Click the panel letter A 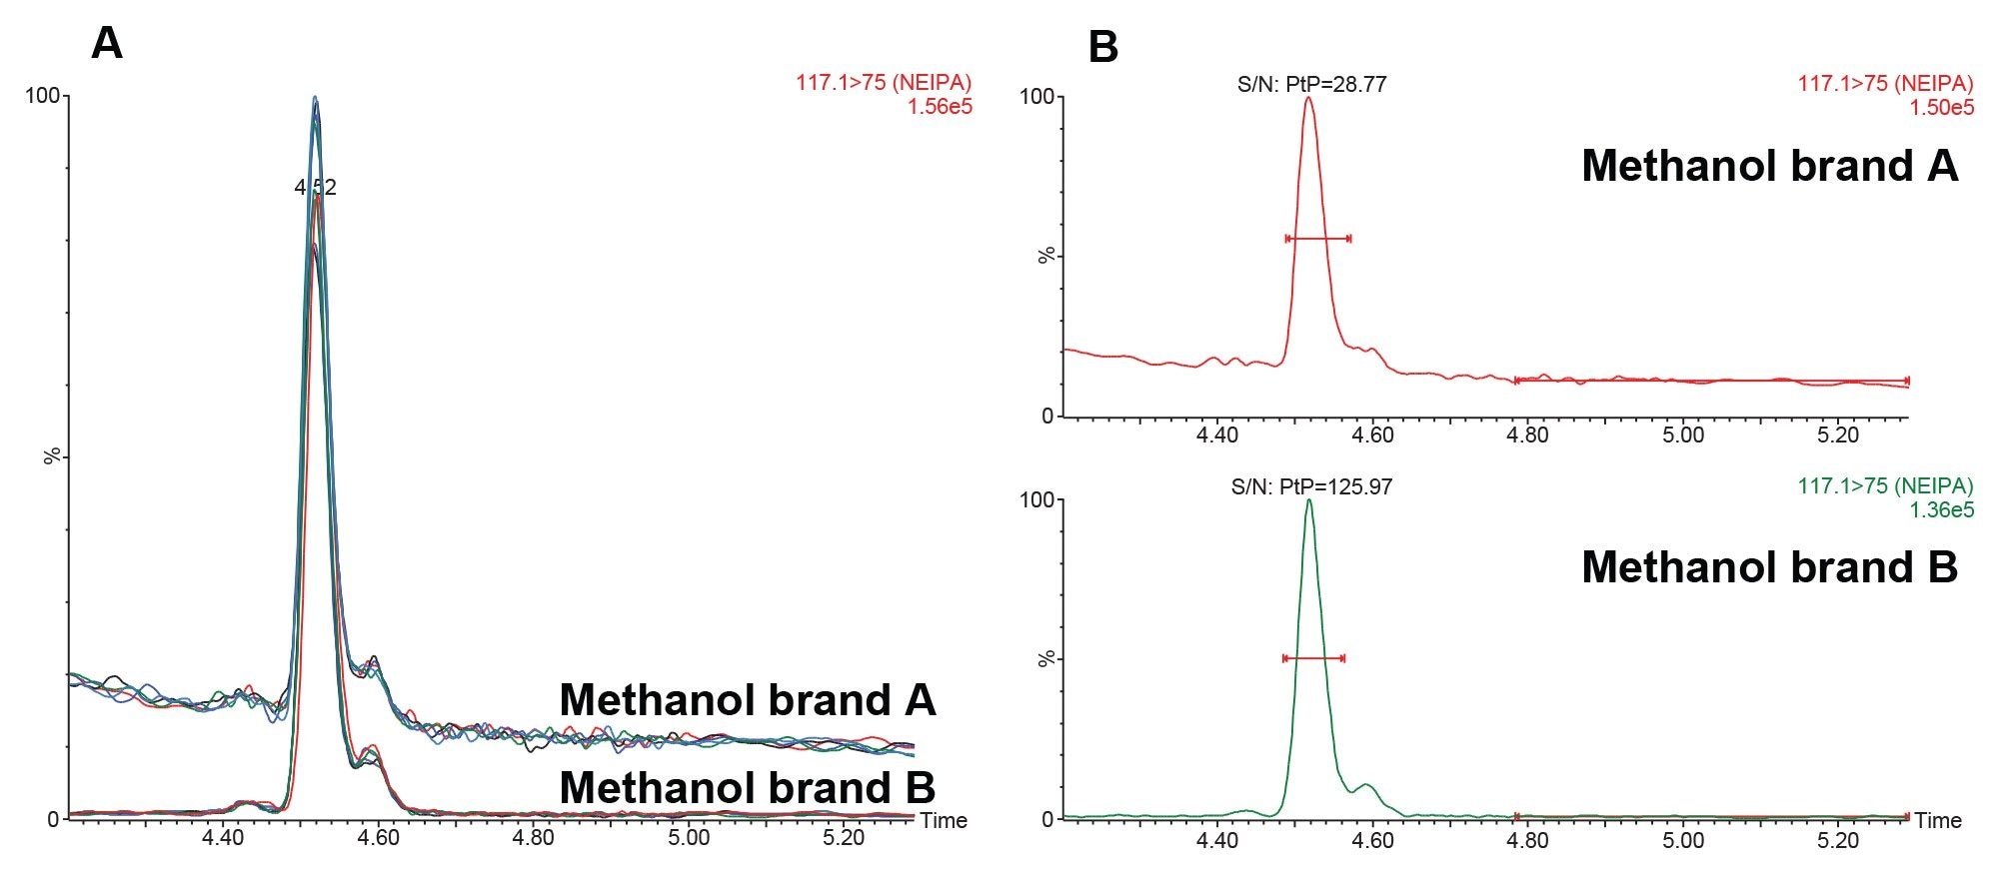[x=107, y=43]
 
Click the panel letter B [x=1102, y=47]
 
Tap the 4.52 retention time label [x=315, y=187]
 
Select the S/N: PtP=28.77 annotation [x=1311, y=84]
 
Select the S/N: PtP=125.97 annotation [x=1311, y=487]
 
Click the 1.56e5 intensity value [x=940, y=106]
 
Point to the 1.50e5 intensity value [x=1941, y=107]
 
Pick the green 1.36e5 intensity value [x=1941, y=509]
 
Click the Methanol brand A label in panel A [x=747, y=700]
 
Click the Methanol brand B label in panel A [x=747, y=787]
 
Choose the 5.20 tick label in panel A [x=844, y=837]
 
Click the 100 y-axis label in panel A [x=43, y=96]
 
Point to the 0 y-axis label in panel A [x=54, y=820]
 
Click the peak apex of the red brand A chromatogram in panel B [x=1308, y=98]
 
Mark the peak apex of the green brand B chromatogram [x=1308, y=500]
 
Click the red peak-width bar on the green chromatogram [x=1313, y=658]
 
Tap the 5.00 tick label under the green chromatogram [x=1683, y=840]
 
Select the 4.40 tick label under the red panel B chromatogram [x=1217, y=436]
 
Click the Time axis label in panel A [x=944, y=820]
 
